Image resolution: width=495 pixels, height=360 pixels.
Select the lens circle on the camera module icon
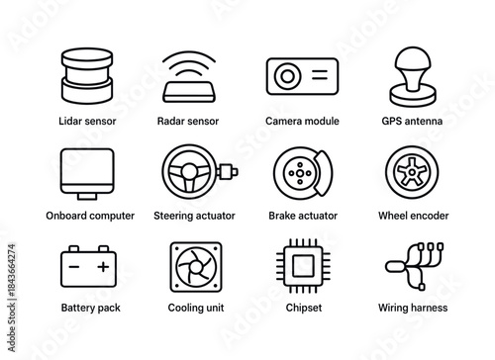(288, 75)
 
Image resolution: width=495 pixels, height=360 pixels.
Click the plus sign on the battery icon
(103, 265)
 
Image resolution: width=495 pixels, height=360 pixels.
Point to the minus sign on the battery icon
(72, 265)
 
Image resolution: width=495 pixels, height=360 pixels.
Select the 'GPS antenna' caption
(412, 121)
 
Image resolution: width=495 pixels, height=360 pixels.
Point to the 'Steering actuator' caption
(190, 215)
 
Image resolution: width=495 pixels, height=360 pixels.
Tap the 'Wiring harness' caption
(412, 308)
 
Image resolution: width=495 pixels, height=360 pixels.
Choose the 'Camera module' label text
(302, 121)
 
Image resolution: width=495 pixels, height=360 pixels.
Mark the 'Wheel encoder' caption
(412, 215)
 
